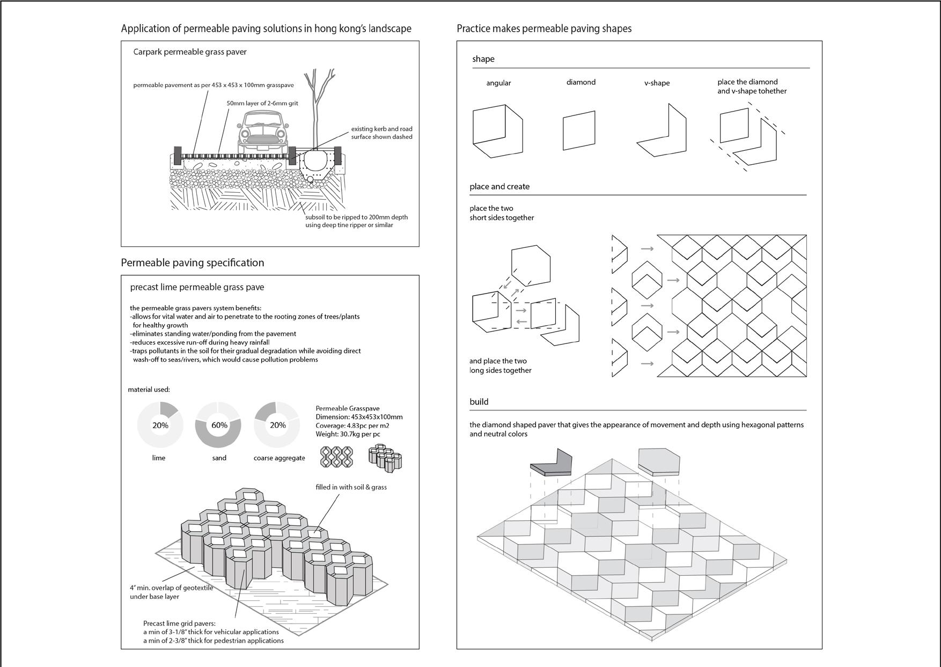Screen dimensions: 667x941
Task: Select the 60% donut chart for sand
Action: point(219,424)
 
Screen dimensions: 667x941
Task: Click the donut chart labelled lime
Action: point(160,424)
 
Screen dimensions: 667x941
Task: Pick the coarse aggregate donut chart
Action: point(277,424)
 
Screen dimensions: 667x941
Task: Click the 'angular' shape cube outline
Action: point(497,131)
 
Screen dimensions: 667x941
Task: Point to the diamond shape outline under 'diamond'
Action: point(579,130)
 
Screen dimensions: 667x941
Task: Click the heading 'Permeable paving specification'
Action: point(192,262)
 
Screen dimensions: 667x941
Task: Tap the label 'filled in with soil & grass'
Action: point(351,487)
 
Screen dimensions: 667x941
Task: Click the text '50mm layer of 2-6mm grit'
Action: point(262,103)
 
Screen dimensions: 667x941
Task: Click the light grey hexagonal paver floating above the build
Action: point(659,462)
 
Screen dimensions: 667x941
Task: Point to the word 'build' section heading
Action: point(479,401)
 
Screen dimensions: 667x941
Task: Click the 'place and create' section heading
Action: point(499,186)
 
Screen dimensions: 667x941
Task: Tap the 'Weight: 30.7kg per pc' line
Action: point(348,434)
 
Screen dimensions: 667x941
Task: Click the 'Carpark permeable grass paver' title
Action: point(190,52)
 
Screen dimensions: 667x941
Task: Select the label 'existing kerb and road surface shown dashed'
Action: point(381,133)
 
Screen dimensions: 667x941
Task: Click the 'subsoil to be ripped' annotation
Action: point(356,221)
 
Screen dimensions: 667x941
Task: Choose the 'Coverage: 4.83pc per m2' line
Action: point(352,425)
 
